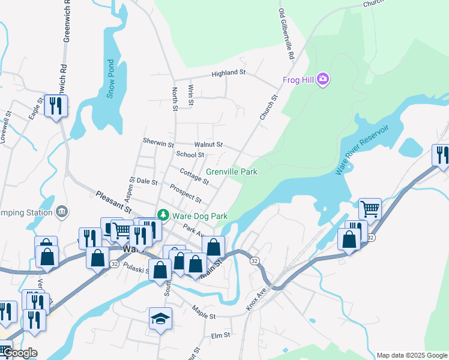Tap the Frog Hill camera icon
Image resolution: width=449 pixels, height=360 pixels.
[323, 79]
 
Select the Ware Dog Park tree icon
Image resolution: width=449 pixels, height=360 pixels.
[162, 215]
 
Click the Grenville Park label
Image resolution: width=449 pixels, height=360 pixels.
[237, 172]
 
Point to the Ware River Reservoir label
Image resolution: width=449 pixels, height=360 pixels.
[362, 150]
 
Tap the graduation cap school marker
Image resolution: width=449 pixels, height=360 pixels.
[160, 319]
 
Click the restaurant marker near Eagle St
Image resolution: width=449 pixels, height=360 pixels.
[56, 107]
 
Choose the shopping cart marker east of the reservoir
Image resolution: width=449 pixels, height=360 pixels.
[370, 209]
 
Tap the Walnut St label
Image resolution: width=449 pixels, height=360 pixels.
[208, 145]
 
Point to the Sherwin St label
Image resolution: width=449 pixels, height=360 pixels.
[158, 143]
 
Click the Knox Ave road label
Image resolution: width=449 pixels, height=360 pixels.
[256, 298]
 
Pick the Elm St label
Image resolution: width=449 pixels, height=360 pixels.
[221, 336]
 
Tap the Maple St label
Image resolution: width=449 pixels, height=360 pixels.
[203, 312]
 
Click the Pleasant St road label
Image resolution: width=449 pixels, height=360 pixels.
[113, 201]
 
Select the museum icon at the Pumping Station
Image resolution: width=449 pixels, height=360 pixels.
[62, 212]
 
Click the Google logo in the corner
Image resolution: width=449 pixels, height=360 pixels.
[19, 353]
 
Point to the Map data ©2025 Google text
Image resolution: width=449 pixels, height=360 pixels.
[412, 355]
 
